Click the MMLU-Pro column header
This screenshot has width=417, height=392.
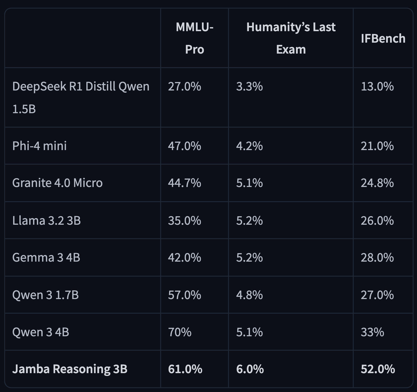(195, 38)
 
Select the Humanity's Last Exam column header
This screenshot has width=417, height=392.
(291, 38)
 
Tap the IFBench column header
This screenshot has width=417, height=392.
(383, 39)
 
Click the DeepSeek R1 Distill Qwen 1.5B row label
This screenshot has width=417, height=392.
(81, 98)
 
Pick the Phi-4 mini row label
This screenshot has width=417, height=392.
(40, 146)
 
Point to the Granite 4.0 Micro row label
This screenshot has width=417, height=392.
(57, 183)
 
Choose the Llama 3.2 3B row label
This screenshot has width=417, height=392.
(46, 220)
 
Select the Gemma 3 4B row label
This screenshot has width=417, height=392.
(46, 258)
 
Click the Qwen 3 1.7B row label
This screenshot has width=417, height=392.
(45, 295)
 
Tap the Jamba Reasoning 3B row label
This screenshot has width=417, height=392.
(70, 369)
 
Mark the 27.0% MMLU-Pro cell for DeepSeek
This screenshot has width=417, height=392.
(184, 87)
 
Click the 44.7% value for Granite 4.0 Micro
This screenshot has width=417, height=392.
(184, 183)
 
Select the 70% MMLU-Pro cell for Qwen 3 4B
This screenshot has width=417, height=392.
(180, 332)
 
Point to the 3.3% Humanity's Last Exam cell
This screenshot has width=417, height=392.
(249, 87)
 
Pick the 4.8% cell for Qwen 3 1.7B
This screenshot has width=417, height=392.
(249, 295)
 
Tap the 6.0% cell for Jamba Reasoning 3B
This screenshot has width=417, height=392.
(250, 369)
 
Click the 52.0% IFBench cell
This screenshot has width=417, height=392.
(378, 369)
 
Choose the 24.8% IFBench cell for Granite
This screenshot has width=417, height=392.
(377, 183)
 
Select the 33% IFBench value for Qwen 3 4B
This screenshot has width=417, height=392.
(372, 332)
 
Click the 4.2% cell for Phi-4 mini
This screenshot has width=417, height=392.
(249, 146)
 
